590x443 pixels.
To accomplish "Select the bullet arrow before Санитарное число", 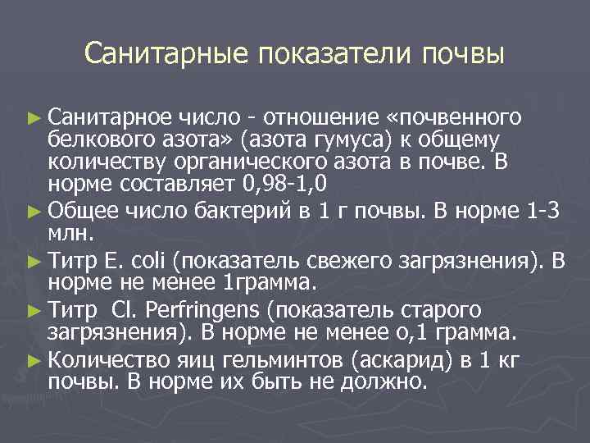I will pyautogui.click(x=34, y=116).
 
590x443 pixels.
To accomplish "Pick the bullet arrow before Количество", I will pyautogui.click(x=34, y=360).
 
